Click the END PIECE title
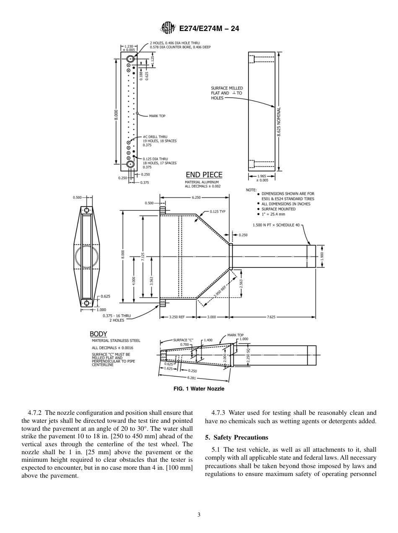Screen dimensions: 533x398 pos(204,175)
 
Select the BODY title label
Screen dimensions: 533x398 pos(98,334)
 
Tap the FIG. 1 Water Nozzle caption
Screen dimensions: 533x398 pos(199,389)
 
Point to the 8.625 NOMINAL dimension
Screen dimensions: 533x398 pos(279,122)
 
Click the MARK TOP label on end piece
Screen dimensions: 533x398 pos(157,116)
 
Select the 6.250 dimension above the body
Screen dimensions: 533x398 pos(196,197)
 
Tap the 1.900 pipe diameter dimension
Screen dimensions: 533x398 pos(322,256)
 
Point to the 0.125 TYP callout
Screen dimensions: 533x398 pos(217,212)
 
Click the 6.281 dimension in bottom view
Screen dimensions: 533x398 pos(191,378)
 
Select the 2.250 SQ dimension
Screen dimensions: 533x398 pos(248,355)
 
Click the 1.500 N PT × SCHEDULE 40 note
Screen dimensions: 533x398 pos(276,225)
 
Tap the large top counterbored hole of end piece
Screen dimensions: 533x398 pos(130,59)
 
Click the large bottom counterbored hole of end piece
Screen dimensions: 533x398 pos(130,164)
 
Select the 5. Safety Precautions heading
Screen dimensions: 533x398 pos(236,437)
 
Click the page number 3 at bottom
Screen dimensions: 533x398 pos(199,515)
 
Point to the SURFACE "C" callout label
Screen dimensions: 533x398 pos(183,340)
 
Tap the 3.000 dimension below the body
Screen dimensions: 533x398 pos(212,317)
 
